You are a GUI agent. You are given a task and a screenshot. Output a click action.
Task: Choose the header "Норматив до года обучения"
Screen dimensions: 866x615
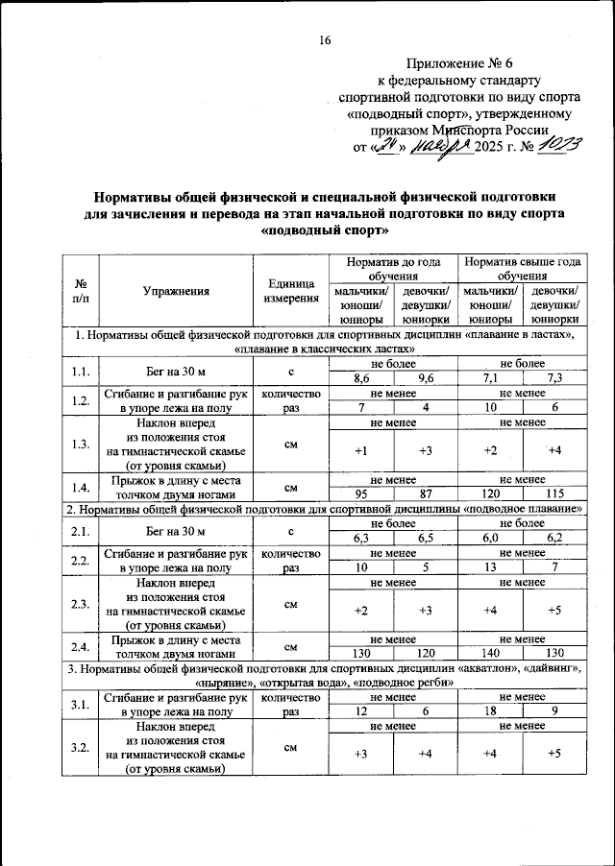pos(391,268)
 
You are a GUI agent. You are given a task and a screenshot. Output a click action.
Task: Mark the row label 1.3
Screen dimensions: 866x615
pos(80,443)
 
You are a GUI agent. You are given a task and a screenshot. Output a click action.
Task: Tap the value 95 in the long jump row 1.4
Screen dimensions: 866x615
pos(361,493)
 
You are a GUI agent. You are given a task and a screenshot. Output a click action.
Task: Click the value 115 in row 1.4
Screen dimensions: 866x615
pos(553,493)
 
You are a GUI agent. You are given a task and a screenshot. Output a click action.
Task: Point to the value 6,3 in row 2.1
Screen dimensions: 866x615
pos(361,539)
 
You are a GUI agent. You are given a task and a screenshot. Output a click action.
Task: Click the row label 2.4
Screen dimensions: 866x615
pos(80,645)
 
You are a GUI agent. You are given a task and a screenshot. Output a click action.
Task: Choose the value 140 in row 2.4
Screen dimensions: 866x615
pos(490,653)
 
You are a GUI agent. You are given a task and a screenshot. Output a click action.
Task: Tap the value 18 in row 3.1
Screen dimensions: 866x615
pos(490,712)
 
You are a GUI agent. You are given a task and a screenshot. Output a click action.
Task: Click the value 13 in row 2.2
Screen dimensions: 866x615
pos(490,567)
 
